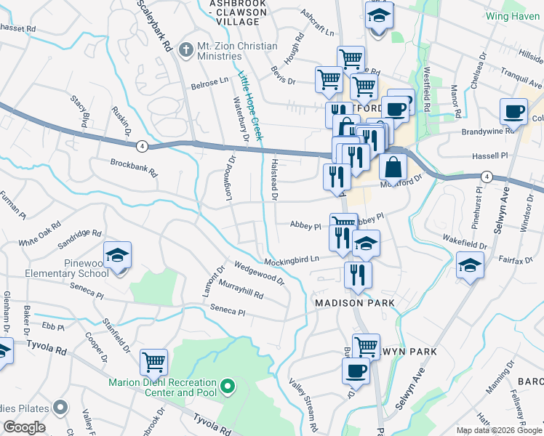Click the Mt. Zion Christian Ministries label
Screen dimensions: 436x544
coord(236,52)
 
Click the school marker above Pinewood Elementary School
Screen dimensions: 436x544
coord(116,257)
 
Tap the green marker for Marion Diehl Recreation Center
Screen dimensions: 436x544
coord(228,384)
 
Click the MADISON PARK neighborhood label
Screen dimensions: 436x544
coord(354,302)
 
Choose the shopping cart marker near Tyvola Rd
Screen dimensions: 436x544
coord(153,361)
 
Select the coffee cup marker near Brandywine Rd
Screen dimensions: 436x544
coord(513,112)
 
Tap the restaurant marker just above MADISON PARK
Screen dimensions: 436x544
coord(357,275)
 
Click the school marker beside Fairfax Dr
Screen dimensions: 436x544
coord(470,265)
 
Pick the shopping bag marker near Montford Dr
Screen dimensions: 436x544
coord(393,167)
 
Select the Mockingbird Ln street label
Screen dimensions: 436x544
coord(292,259)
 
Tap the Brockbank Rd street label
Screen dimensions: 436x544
coord(134,168)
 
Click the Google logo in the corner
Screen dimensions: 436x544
coord(24,427)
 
